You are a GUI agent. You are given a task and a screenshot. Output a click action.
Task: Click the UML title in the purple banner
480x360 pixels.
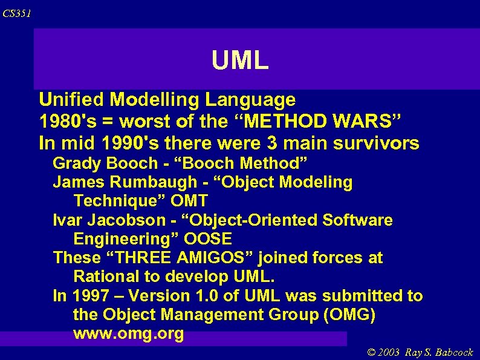coord(240,61)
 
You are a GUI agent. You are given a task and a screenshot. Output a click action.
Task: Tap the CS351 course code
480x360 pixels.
coord(16,13)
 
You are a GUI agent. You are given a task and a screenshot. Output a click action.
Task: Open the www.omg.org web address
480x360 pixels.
coord(128,334)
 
